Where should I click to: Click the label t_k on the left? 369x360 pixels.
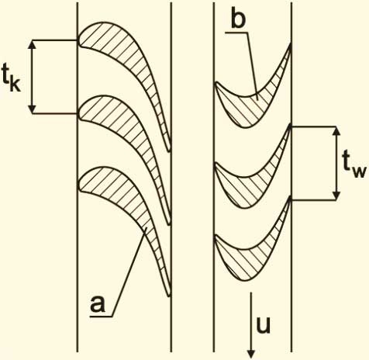[11, 78]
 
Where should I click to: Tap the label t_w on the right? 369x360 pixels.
[354, 164]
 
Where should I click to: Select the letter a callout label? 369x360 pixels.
[98, 304]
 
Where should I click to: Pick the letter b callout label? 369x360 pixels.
[238, 19]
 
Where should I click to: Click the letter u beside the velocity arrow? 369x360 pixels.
[263, 324]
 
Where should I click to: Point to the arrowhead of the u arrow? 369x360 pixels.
[251, 354]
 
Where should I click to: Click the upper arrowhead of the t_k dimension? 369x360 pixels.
[32, 44]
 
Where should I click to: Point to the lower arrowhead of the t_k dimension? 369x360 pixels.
[32, 109]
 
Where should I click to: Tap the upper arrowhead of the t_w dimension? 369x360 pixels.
[336, 131]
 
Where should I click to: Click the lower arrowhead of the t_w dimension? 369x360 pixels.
[336, 196]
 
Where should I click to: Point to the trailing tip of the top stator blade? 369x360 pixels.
[169, 151]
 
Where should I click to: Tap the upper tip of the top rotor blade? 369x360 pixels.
[291, 44]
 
